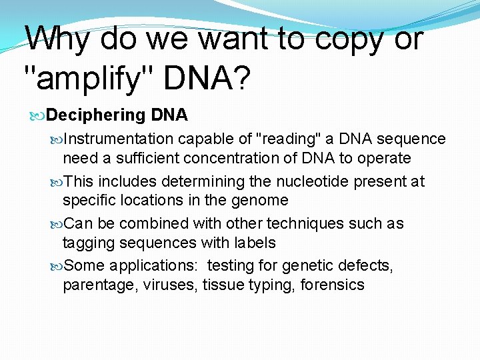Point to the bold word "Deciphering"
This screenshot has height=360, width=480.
pyautogui.click(x=97, y=115)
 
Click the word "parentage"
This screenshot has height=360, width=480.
pyautogui.click(x=94, y=285)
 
